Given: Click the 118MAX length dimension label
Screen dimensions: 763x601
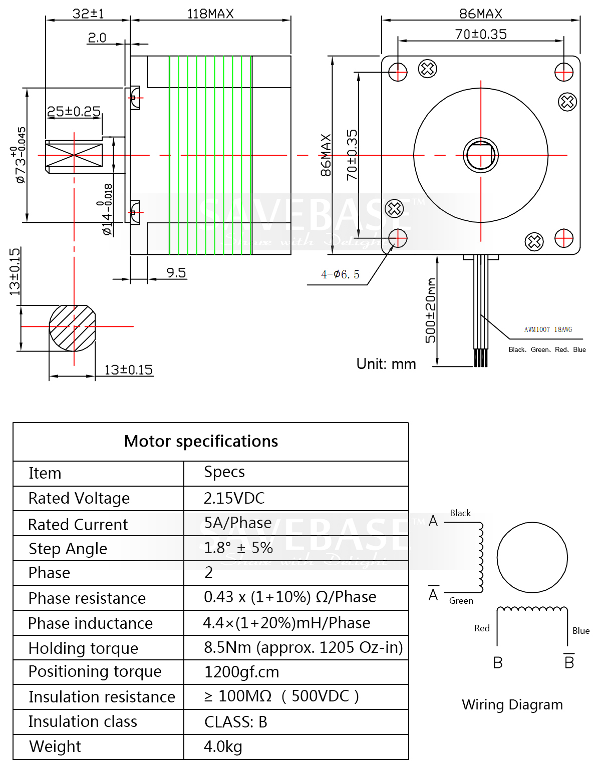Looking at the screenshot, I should coord(210,14).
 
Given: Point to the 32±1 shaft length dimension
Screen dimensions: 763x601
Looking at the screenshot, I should coord(88,14).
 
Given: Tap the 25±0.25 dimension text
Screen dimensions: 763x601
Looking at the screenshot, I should coord(74,111).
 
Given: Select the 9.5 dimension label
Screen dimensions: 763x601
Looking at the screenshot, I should coord(176,273).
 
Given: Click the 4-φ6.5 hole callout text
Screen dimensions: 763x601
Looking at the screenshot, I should coord(340,274).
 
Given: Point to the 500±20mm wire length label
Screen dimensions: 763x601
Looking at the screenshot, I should coord(430,310).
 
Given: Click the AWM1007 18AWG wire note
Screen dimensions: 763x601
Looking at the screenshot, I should coord(548,329).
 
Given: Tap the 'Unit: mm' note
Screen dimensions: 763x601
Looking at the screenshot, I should coord(386,364).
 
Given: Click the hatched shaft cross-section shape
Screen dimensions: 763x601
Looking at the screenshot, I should coord(72,328).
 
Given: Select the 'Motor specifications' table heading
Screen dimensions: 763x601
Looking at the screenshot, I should coord(201,442).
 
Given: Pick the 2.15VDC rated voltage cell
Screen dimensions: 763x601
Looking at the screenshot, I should coord(234,498).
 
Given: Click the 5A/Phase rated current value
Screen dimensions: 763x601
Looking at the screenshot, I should coord(237,523).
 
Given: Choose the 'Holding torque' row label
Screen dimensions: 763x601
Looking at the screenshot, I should coord(83,648).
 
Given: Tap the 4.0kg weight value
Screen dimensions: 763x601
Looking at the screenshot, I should coord(223,746).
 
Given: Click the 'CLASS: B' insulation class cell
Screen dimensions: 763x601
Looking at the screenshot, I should coord(235,722).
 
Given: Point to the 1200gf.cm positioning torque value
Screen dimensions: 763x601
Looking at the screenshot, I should coord(241,672).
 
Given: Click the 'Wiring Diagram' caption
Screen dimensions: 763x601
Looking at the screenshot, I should coord(512,704).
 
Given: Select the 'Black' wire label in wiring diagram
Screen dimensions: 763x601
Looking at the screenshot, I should coord(460,513).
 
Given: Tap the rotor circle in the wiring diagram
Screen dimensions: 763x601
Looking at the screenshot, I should coord(532,557).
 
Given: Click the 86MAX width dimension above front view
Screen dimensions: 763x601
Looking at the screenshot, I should coord(480,14).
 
